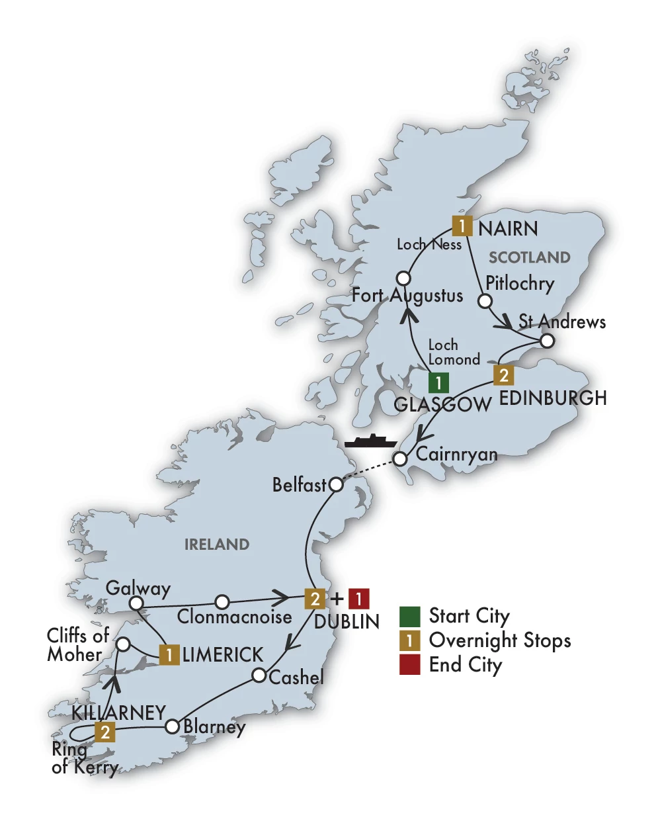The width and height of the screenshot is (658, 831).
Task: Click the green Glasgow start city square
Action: tap(438, 382)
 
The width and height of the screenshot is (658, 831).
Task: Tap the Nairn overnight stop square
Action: tap(462, 226)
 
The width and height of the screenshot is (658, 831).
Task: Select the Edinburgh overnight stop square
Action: tap(503, 375)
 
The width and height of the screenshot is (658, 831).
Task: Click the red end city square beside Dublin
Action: tap(358, 599)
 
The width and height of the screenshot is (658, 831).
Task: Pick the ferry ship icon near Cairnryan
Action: tap(369, 441)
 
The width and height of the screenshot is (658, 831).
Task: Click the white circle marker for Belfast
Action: tap(336, 485)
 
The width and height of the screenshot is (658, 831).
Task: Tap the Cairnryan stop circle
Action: tap(399, 459)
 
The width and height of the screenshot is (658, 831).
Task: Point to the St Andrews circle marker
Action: tap(547, 341)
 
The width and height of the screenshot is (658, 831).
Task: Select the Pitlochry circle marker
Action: tap(485, 301)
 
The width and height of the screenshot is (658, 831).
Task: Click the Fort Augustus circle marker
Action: tap(403, 278)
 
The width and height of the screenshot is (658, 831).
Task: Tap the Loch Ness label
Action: tap(429, 244)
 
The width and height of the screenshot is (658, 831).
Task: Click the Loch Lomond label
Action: tap(453, 353)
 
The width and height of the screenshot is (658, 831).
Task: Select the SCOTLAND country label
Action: tap(529, 257)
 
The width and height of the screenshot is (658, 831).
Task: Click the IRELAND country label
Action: tap(217, 545)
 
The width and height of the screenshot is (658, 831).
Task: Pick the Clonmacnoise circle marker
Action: tap(223, 601)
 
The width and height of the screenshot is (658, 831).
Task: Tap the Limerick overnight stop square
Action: tap(169, 655)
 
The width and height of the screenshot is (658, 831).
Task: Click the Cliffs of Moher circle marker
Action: tap(123, 644)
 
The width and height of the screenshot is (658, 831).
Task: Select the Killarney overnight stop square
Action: tap(104, 732)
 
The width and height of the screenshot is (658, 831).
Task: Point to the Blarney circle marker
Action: tap(172, 726)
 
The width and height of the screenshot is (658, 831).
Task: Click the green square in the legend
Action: tap(410, 616)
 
